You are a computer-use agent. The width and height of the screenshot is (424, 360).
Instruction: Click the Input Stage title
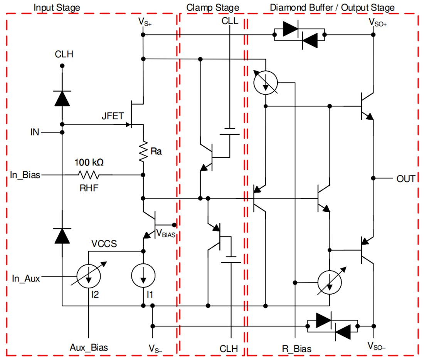(57, 7)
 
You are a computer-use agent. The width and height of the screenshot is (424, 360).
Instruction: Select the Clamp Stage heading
(212, 7)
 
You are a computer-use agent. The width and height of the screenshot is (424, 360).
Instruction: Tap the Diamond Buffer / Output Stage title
(332, 7)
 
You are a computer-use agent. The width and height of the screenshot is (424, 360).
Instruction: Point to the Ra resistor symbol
(143, 151)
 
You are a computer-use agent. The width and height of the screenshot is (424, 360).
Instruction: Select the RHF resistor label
(88, 187)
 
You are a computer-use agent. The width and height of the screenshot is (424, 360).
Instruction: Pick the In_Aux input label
(26, 278)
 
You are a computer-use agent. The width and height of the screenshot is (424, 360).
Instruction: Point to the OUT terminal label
(405, 179)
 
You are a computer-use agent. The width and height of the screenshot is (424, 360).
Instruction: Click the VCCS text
(104, 244)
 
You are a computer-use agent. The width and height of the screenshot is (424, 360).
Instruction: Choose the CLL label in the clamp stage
(230, 21)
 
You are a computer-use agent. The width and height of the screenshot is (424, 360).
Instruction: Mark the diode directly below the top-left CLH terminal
(62, 98)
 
